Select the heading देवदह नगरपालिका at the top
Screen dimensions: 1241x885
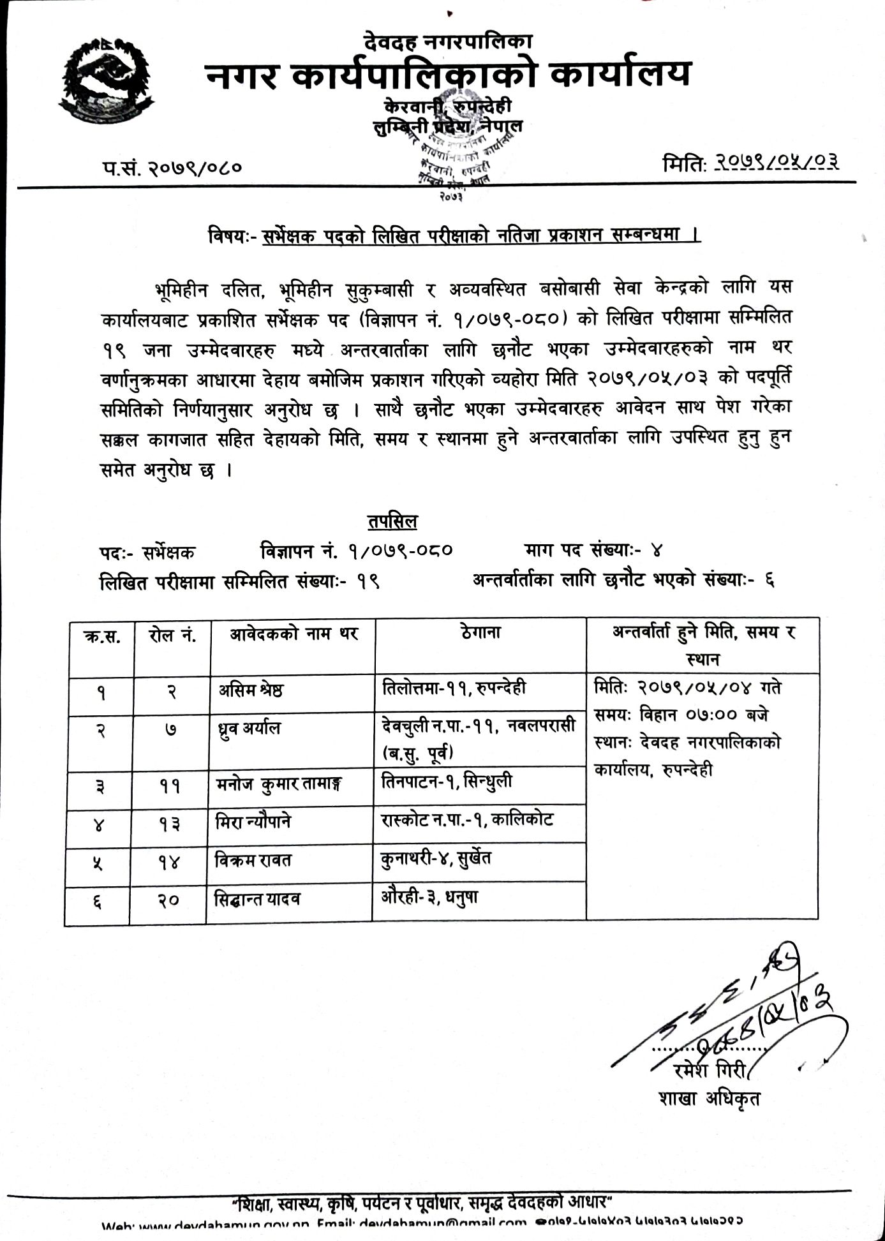(x=447, y=42)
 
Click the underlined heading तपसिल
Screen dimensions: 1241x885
(x=392, y=522)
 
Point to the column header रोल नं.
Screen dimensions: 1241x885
(x=172, y=635)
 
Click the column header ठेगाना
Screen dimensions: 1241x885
(x=480, y=632)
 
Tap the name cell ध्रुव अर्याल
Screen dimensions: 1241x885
(x=249, y=728)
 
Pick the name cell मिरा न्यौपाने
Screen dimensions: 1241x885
(x=253, y=821)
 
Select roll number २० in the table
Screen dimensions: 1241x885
(x=168, y=901)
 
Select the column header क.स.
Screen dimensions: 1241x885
(x=101, y=635)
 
